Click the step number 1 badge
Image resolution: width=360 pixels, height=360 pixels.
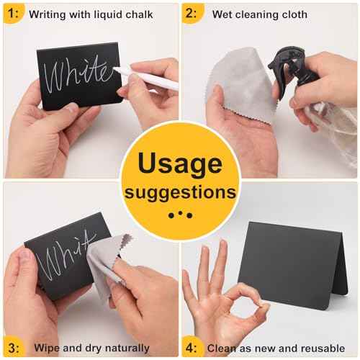tap(13, 13)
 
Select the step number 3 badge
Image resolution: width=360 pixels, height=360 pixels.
tap(13, 347)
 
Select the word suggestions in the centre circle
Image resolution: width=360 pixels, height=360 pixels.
tap(179, 192)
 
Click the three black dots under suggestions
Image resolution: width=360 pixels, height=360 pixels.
tap(179, 214)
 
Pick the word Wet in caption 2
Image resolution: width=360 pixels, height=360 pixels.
tap(222, 14)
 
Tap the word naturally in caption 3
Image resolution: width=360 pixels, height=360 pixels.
tap(126, 348)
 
